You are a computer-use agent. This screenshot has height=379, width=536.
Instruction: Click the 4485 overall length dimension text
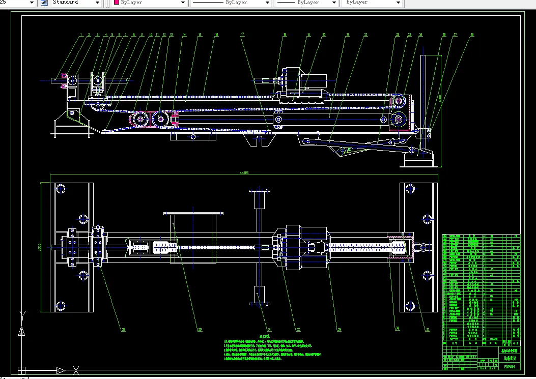pyautogui.click(x=243, y=173)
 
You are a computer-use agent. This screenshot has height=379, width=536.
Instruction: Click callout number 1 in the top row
pyautogui.click(x=81, y=35)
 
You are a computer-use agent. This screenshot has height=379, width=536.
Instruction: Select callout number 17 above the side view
pyautogui.click(x=243, y=35)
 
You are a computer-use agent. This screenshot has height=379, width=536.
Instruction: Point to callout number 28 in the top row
pyautogui.click(x=472, y=35)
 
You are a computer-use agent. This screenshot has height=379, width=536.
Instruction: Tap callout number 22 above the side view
pyautogui.click(x=365, y=35)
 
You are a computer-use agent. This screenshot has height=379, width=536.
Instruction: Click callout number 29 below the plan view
pyautogui.click(x=123, y=329)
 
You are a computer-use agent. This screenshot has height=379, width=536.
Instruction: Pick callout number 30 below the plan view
pyautogui.click(x=200, y=329)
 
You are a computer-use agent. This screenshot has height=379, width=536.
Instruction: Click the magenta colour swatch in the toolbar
pyautogui.click(x=117, y=3)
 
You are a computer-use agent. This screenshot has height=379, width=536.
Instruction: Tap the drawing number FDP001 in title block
pyautogui.click(x=510, y=366)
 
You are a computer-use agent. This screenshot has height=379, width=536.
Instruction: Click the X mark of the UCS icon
pyautogui.click(x=76, y=370)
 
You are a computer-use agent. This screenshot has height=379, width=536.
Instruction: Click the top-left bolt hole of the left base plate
pyautogui.click(x=61, y=189)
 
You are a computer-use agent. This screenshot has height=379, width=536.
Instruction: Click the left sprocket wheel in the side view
pyautogui.click(x=137, y=120)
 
